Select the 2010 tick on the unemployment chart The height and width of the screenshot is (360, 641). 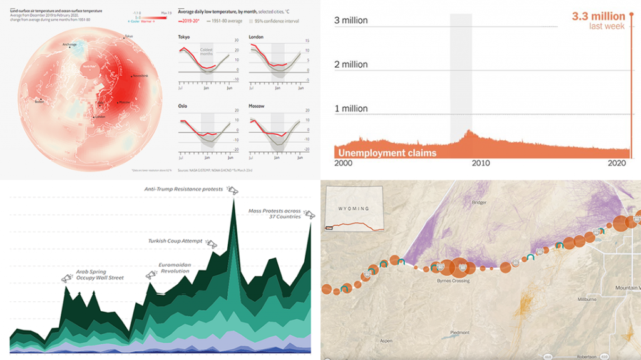coord(480,163)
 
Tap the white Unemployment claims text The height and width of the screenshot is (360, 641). coord(386,152)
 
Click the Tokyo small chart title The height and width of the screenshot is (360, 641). coord(184,37)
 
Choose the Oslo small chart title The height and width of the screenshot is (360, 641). coord(183,106)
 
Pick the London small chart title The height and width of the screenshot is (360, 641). coord(257,37)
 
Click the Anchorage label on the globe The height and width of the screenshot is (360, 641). coord(69,44)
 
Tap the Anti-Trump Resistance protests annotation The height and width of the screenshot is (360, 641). coord(183,189)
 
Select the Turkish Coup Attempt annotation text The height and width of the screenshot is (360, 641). coord(176,241)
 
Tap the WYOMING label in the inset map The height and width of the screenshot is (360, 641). coord(353,208)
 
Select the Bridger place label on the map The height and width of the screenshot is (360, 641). coord(479,202)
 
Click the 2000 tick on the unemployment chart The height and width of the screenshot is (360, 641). coord(346,163)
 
